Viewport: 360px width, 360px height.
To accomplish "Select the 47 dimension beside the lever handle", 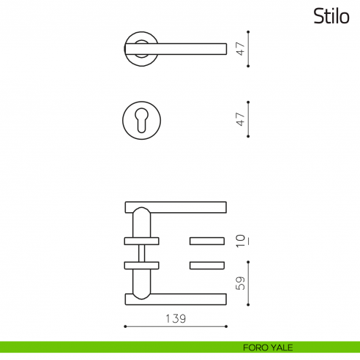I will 239,49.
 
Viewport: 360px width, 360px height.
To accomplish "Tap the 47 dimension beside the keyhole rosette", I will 239,119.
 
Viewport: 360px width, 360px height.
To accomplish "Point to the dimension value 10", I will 239,241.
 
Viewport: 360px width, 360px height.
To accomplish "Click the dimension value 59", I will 239,282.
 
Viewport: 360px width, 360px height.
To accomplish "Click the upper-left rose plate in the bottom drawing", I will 141,241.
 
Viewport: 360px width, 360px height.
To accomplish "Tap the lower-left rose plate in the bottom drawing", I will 141,264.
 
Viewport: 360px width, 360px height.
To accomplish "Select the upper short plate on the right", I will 208,241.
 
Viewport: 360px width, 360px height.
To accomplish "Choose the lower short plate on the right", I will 208,264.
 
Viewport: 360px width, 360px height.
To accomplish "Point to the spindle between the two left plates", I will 141,252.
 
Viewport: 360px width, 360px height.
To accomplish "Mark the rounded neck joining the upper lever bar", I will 141,221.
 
